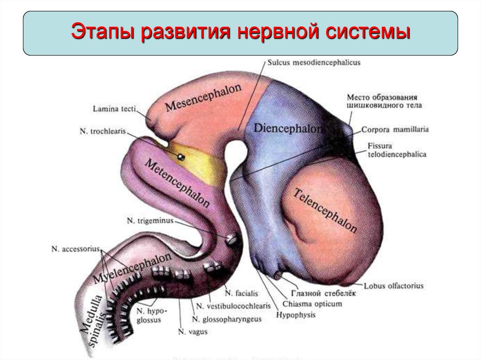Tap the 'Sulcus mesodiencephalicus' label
pyautogui.click(x=313, y=62)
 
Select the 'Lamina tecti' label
pyautogui.click(x=114, y=109)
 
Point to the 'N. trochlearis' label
pyautogui.click(x=102, y=131)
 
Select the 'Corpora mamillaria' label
pyautogui.click(x=395, y=129)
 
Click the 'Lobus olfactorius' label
pyautogui.click(x=394, y=285)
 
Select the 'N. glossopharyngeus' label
pyautogui.click(x=226, y=319)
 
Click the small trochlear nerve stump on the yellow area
pyautogui.click(x=180, y=156)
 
